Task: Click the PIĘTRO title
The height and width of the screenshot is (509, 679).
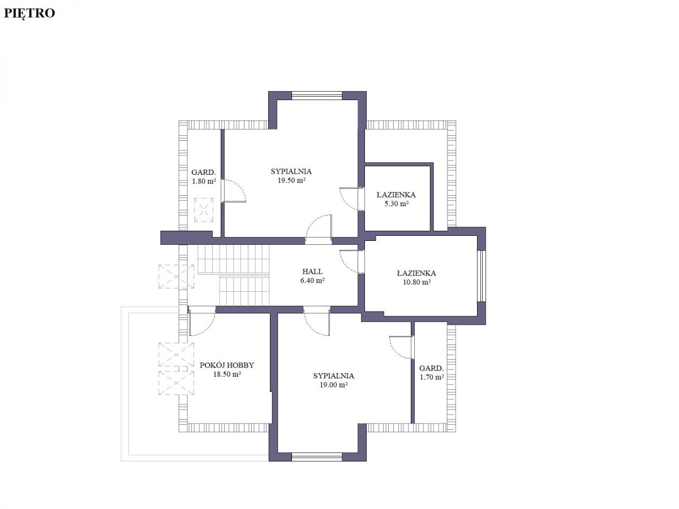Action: coord(29,14)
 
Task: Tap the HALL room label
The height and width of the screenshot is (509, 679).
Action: coord(312,271)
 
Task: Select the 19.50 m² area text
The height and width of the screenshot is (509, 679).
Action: coord(291,180)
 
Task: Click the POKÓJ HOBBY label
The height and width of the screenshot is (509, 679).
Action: coord(227,365)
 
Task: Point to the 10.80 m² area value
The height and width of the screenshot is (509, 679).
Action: coord(416,282)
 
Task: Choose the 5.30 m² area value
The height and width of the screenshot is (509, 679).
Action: coord(396,204)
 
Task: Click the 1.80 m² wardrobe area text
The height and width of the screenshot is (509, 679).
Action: coord(204,182)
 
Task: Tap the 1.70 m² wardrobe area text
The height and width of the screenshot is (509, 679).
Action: coord(432,377)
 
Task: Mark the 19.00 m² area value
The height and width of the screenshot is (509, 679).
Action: coord(333,385)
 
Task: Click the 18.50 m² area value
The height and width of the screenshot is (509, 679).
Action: coord(227,374)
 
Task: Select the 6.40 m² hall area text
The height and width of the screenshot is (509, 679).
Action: coord(312,281)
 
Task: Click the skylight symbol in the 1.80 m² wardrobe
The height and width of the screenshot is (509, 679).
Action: coord(204,210)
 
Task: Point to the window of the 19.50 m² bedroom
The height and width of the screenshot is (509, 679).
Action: coord(317,96)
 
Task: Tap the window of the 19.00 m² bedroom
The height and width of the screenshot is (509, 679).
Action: coord(317,457)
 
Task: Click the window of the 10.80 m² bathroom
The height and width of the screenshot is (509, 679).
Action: coord(482,276)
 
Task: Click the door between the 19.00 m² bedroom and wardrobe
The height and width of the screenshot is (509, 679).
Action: coord(402,347)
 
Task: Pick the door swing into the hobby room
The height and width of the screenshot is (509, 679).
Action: coord(201,321)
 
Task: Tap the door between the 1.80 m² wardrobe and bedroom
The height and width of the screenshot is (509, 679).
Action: coord(234,191)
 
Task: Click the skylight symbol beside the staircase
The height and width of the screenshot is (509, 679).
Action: coord(176,277)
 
